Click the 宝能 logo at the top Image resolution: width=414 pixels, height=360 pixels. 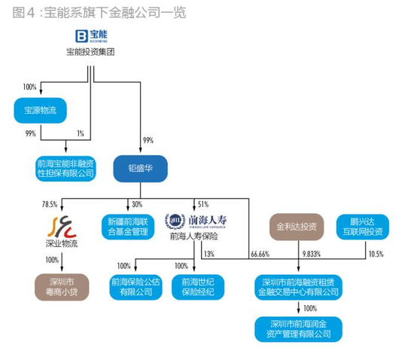(91, 35)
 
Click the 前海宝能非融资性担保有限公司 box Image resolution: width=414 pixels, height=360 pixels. (65, 168)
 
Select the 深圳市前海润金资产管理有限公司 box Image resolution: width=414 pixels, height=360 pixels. (296, 328)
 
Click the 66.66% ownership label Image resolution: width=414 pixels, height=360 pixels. (260, 254)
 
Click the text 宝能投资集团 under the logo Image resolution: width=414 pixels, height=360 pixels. (91, 51)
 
